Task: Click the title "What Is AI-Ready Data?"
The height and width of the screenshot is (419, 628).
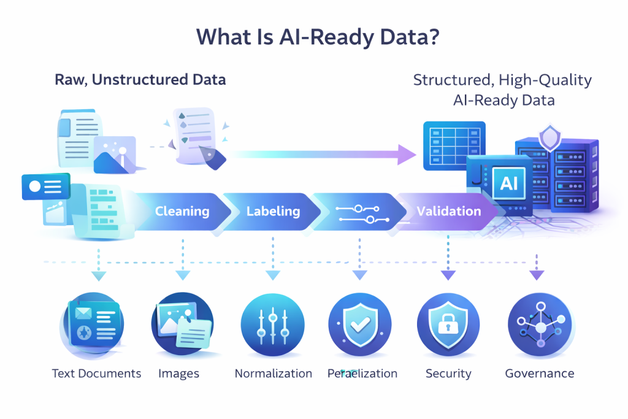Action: click(314, 37)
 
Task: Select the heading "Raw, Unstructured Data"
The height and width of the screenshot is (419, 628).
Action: click(140, 80)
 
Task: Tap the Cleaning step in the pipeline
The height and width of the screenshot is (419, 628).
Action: click(182, 212)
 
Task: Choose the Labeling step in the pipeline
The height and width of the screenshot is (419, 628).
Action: click(273, 212)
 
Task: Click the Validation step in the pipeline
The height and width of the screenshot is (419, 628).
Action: click(448, 212)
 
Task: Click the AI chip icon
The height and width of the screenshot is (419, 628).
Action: click(509, 183)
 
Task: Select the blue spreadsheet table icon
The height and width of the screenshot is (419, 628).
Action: click(454, 145)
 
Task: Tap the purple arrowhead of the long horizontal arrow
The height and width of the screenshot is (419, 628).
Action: click(405, 155)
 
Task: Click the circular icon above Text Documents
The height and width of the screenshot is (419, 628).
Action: click(93, 323)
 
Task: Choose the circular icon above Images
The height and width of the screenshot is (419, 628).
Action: click(183, 324)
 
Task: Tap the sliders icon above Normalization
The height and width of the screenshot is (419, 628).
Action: click(272, 324)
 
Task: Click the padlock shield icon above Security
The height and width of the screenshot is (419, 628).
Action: click(448, 324)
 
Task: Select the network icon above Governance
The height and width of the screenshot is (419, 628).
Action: click(540, 324)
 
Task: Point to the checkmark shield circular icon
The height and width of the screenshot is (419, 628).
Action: click(360, 324)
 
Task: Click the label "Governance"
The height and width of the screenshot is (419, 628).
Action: click(540, 373)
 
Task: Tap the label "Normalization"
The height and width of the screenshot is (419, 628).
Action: click(274, 374)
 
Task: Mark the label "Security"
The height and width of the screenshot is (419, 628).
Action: click(448, 374)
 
